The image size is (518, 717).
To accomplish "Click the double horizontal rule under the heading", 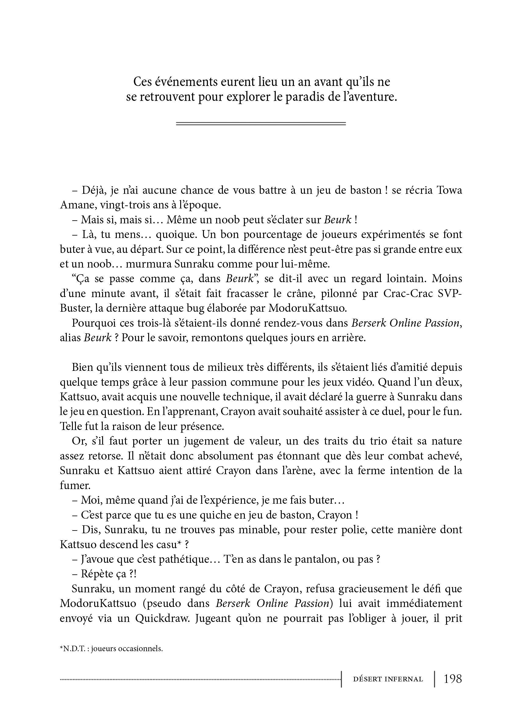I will (261, 124).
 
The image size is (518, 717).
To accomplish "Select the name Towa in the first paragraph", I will (449, 190).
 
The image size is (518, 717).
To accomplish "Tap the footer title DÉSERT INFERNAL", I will (388, 680).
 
